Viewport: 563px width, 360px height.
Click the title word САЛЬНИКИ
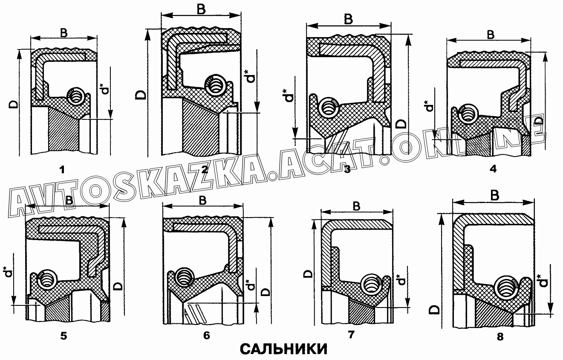pyautogui.click(x=284, y=348)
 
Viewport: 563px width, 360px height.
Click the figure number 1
pyautogui.click(x=62, y=170)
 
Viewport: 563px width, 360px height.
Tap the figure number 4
pyautogui.click(x=493, y=169)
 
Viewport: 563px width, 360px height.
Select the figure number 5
pyautogui.click(x=64, y=336)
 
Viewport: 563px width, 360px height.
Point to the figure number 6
pyautogui.click(x=206, y=335)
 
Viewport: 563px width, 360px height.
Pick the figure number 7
pyautogui.click(x=351, y=334)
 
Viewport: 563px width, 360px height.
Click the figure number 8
pyautogui.click(x=500, y=337)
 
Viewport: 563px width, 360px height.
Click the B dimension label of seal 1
pyautogui.click(x=64, y=32)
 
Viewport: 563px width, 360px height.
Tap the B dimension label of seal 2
pyautogui.click(x=201, y=9)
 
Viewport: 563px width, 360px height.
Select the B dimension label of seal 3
pyautogui.click(x=348, y=19)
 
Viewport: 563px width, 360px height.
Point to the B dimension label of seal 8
pyautogui.click(x=495, y=195)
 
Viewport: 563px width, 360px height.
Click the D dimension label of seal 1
pyautogui.click(x=14, y=104)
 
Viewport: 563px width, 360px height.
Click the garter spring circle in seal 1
pyautogui.click(x=75, y=96)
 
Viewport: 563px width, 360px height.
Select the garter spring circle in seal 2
pyautogui.click(x=215, y=84)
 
